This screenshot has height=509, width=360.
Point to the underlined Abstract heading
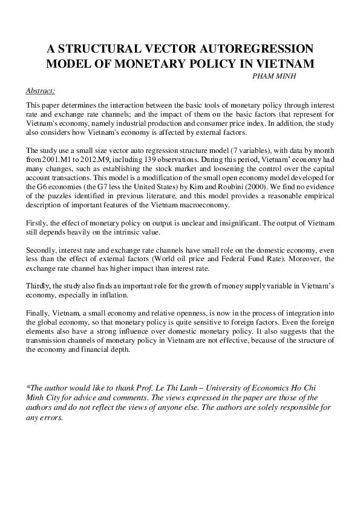click(41, 91)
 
